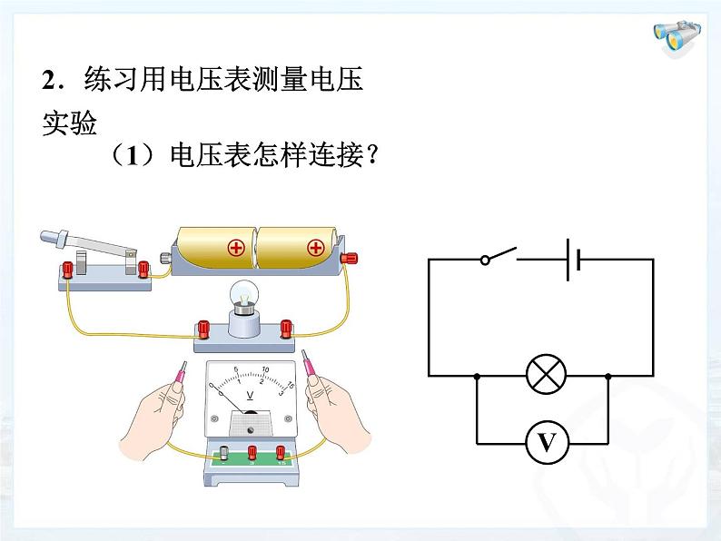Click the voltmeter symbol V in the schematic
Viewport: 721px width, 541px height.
[546, 443]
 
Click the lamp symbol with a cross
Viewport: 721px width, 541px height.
[546, 375]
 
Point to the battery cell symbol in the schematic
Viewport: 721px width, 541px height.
[572, 259]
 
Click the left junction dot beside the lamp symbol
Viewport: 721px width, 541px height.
[477, 376]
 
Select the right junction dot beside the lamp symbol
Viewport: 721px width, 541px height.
[607, 376]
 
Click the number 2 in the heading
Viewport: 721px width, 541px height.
[49, 81]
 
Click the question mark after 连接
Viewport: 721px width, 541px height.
[368, 156]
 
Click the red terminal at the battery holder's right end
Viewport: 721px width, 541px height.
[350, 259]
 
